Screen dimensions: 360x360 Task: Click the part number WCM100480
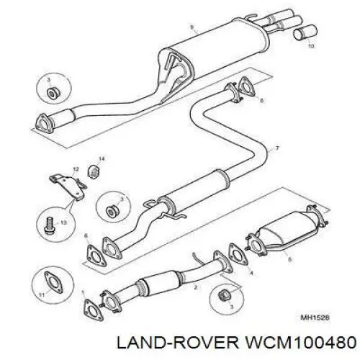click(300, 343)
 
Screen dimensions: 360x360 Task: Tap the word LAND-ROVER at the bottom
click(178, 343)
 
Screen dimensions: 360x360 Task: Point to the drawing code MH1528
click(315, 318)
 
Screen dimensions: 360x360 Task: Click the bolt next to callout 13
click(50, 225)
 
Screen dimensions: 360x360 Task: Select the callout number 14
click(102, 159)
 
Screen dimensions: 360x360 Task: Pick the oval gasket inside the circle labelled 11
click(53, 282)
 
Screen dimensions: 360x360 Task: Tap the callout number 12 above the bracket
click(76, 169)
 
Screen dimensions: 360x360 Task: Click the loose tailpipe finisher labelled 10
click(305, 32)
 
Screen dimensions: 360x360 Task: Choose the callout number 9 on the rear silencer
click(192, 27)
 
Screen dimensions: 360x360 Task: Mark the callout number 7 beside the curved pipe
click(277, 148)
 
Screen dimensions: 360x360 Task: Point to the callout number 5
click(290, 259)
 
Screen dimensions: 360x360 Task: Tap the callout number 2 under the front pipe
click(196, 287)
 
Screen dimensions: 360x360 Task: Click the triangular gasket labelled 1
click(94, 310)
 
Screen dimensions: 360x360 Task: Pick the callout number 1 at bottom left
click(83, 292)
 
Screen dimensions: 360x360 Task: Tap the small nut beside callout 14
click(94, 171)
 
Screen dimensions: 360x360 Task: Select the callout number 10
click(310, 46)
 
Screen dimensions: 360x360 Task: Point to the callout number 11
click(42, 294)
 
